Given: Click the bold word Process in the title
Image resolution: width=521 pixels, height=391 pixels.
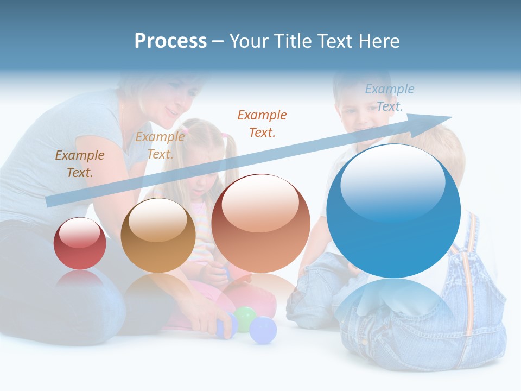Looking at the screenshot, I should click(x=170, y=41).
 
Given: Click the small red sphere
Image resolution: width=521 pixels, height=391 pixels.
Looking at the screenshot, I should click(x=80, y=244).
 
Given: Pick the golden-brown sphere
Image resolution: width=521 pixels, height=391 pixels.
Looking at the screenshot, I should click(x=158, y=236).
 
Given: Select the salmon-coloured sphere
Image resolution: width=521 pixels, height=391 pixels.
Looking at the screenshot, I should click(x=260, y=224).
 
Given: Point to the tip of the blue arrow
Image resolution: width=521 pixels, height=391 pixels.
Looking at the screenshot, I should click(x=450, y=117).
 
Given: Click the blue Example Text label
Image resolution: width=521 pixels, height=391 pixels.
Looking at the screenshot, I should click(x=390, y=98).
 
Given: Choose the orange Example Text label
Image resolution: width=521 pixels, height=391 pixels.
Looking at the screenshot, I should click(x=262, y=123).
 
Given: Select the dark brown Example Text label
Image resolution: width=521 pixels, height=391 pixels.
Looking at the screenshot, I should click(x=80, y=163).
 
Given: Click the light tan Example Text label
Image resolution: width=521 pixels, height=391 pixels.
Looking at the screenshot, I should click(x=160, y=146).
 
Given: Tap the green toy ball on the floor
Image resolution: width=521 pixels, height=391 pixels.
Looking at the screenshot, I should click(x=245, y=318).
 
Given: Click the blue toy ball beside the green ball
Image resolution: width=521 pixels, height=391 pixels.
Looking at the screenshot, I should click(x=264, y=330).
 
